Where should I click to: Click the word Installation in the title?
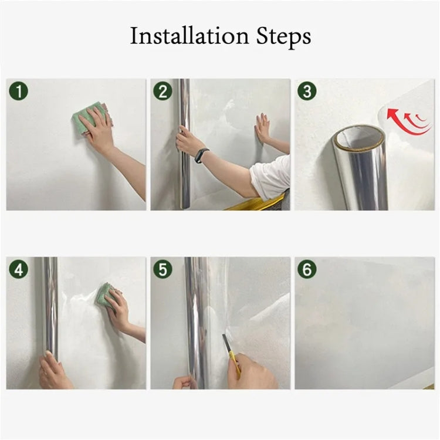point(182,36)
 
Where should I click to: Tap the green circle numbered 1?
point(19,91)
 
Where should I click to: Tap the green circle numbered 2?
point(163,91)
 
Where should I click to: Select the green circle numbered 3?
point(307,91)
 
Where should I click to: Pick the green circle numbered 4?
point(19,269)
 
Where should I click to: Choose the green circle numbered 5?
point(163,269)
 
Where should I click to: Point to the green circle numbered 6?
point(307,269)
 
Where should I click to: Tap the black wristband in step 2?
point(201,155)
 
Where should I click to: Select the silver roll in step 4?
point(50,305)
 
